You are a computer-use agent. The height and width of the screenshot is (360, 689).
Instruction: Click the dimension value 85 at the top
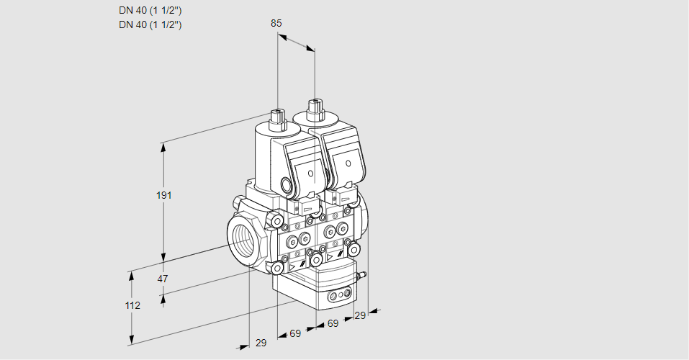click(x=276, y=23)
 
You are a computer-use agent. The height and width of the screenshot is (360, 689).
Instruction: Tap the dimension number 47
click(x=163, y=279)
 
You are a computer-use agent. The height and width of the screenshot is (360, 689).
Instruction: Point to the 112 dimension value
click(x=132, y=305)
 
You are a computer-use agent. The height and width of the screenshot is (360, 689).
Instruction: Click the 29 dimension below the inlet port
click(x=261, y=343)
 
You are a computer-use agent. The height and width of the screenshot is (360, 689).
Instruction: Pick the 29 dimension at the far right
click(x=360, y=315)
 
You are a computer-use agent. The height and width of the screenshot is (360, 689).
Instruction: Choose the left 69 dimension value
click(x=295, y=333)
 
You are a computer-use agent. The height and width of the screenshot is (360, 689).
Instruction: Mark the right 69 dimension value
click(x=333, y=324)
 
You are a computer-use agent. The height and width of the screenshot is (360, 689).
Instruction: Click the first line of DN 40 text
click(x=150, y=11)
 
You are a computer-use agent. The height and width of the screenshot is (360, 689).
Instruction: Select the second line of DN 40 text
click(x=150, y=24)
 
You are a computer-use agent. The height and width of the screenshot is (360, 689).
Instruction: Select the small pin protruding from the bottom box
click(x=363, y=275)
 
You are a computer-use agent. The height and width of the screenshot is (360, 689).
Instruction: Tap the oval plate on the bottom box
click(x=339, y=295)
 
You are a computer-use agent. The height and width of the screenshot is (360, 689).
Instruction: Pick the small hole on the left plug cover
click(x=309, y=174)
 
